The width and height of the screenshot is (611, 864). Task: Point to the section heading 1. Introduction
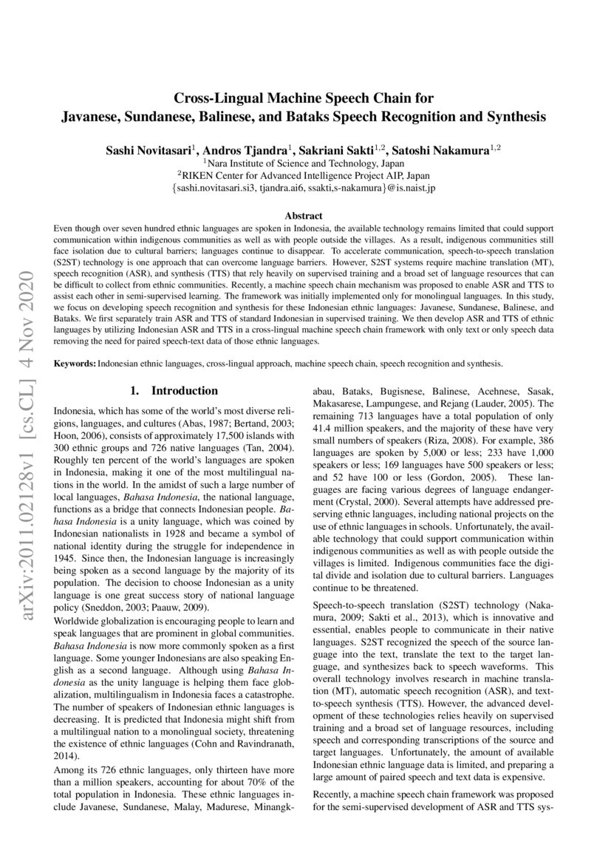coord(174,390)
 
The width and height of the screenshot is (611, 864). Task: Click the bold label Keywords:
coord(75,364)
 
